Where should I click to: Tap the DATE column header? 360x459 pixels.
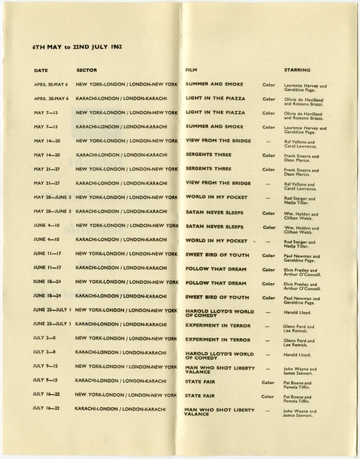pyautogui.click(x=41, y=70)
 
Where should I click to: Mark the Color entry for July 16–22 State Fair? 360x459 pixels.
pyautogui.click(x=268, y=396)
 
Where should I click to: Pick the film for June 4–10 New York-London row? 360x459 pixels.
pyautogui.click(x=214, y=226)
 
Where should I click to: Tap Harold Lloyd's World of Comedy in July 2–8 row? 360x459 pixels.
pyautogui.click(x=220, y=354)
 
